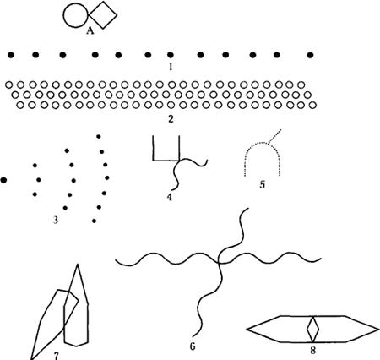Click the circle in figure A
pos(63,15)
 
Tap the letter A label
pos(90,30)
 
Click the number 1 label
pos(171,67)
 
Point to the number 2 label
pos(171,119)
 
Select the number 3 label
pos(56,220)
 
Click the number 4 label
pos(169,197)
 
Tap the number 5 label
pos(263,185)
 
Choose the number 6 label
pos(193,346)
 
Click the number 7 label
pos(57,357)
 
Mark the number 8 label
pos(312,351)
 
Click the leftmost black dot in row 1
pos(11,55)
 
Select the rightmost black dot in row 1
pos(310,55)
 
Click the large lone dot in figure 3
pos(3,180)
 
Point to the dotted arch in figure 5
pos(263,143)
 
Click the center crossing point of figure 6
pos(219,263)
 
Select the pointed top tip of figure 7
pos(78,265)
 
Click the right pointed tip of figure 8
pos(379,329)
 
